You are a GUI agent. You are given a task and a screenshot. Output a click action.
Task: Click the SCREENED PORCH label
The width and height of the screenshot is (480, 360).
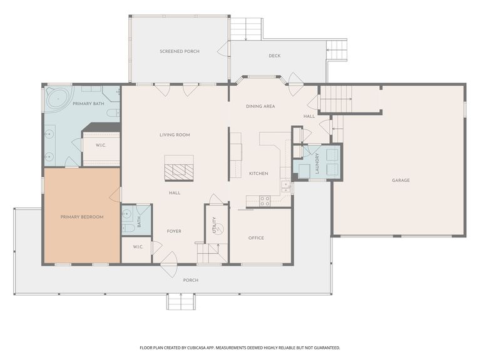click(x=179, y=51)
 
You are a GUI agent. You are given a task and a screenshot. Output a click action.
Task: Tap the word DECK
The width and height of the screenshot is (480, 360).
click(x=275, y=56)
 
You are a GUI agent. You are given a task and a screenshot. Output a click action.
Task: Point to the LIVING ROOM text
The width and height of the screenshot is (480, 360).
click(x=175, y=135)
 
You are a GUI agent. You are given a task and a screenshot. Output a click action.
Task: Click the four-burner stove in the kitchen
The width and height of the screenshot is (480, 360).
click(x=265, y=201)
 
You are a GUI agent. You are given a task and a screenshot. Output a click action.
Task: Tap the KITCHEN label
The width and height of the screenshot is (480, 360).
click(x=258, y=173)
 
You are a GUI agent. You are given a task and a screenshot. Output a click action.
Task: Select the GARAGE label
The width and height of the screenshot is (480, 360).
click(x=401, y=180)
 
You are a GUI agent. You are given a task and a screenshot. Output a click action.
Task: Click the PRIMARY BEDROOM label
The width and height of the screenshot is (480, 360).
click(x=82, y=217)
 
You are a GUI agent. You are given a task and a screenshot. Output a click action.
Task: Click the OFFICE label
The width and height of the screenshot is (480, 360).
click(x=256, y=238)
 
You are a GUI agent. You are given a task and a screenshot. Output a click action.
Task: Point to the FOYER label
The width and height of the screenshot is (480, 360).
click(x=174, y=231)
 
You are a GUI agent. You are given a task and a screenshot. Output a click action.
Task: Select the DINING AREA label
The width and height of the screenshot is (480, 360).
click(x=260, y=106)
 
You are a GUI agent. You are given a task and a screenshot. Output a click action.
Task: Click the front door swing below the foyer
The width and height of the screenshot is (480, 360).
click(x=169, y=270)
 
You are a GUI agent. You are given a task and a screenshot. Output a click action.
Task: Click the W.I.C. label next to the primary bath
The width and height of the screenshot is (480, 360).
click(x=100, y=146)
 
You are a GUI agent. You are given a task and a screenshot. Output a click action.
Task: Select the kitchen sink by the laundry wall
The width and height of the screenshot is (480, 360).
click(x=285, y=185)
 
